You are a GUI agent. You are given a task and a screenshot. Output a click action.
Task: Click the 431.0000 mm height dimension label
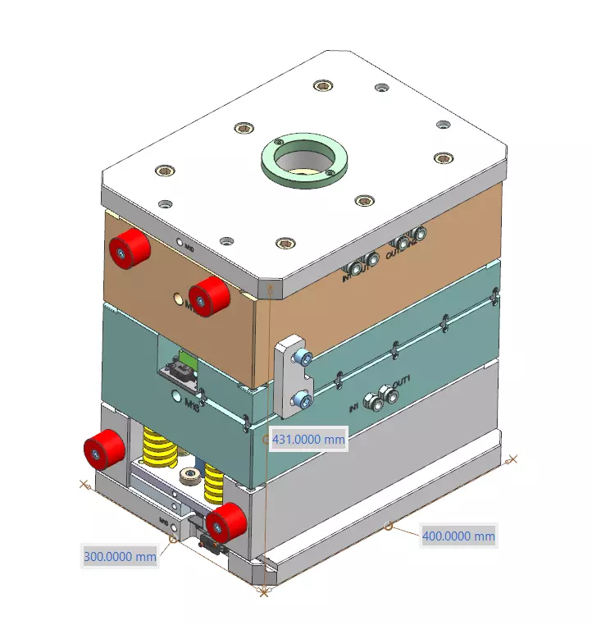(308, 440)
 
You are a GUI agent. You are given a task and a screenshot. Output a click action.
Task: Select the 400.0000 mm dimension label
(458, 536)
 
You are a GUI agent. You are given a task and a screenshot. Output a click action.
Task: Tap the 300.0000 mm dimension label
(120, 556)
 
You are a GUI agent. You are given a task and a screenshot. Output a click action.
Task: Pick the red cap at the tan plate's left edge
(129, 248)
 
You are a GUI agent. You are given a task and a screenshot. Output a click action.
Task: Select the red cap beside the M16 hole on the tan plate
(208, 296)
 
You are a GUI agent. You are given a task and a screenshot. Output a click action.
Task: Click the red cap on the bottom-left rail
(104, 450)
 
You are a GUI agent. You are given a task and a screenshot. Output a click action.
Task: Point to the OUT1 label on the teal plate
(401, 383)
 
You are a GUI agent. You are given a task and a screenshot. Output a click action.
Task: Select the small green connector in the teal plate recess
(188, 359)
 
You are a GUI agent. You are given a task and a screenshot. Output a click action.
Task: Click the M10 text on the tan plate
(189, 246)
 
